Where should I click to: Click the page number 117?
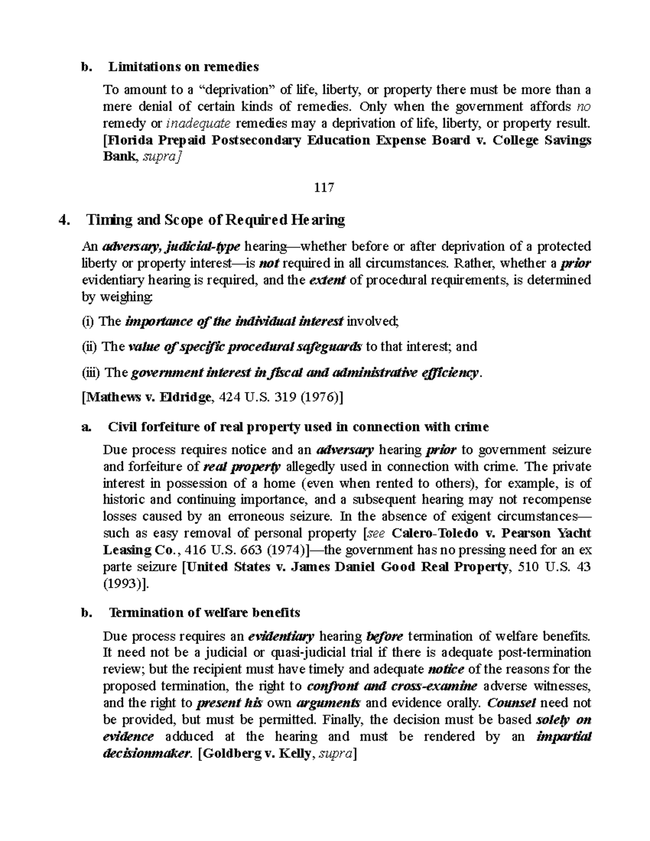point(323,187)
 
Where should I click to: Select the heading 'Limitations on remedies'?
point(183,67)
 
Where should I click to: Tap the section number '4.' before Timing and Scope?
point(64,220)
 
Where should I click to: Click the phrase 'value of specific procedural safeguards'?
point(245,347)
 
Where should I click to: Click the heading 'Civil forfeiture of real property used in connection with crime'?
point(298,427)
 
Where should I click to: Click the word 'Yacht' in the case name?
point(574,533)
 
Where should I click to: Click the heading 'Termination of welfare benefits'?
point(204,612)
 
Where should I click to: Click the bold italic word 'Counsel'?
point(511,703)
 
